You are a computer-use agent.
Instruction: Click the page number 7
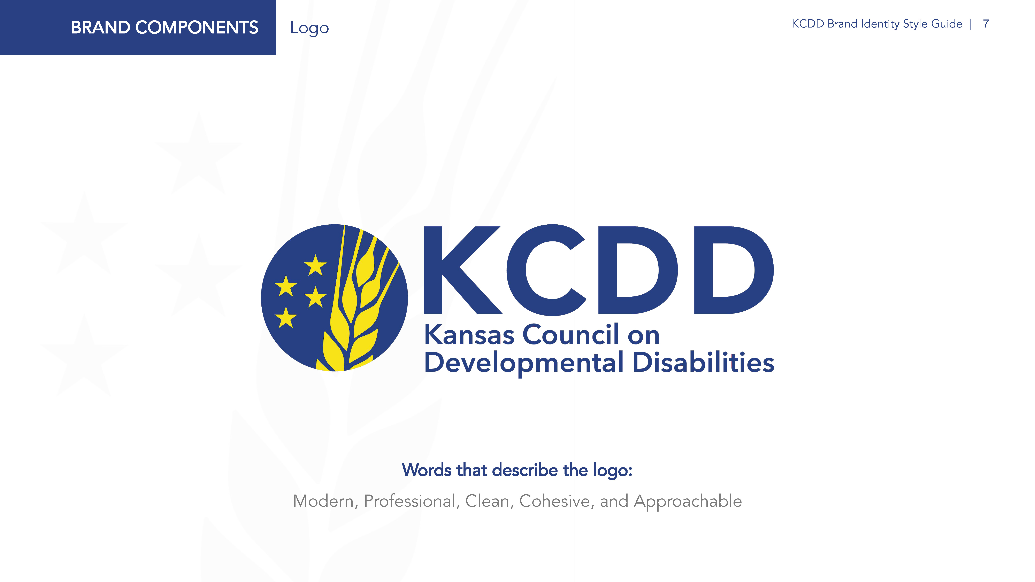(986, 24)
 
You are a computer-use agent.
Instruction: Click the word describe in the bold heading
(525, 470)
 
